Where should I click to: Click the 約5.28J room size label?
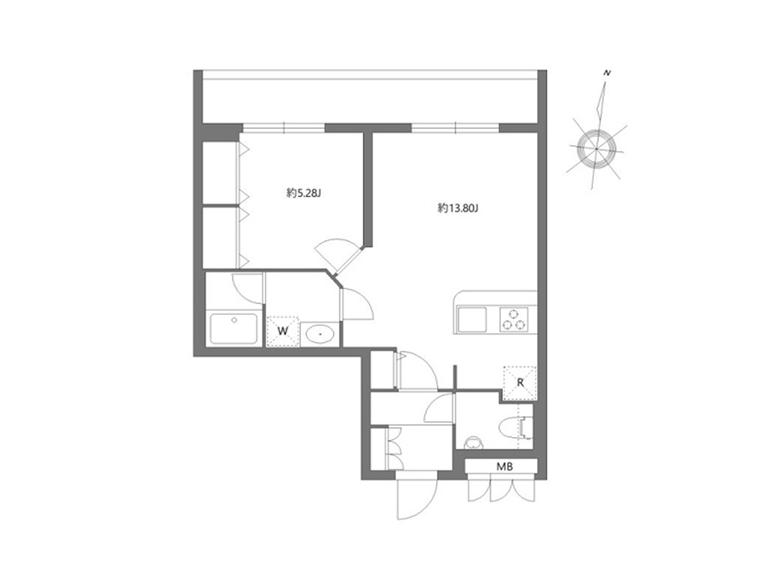[303, 193]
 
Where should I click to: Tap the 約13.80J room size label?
[457, 208]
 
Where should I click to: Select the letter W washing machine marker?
[283, 331]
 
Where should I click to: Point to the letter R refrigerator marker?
[520, 382]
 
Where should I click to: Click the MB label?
[504, 467]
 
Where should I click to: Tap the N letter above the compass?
[607, 73]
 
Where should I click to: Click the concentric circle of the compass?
[596, 149]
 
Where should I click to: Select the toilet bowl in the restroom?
[511, 428]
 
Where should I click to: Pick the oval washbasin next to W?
[320, 333]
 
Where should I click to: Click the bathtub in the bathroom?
[233, 329]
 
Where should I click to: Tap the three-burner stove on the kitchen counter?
[513, 320]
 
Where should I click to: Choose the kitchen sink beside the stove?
[471, 320]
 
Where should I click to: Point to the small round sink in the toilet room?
[473, 443]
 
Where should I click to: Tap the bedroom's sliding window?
[284, 128]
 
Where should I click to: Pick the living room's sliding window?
[455, 128]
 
